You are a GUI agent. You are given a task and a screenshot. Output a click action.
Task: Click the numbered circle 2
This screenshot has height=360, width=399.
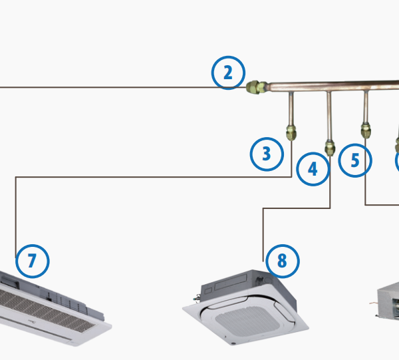coord(229,73)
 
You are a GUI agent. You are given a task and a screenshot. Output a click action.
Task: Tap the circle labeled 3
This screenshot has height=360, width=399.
coord(267,154)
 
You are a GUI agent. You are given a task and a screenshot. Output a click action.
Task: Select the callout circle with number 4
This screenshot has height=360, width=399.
coord(313,170)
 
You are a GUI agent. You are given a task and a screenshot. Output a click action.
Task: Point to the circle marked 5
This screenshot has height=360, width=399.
coord(354,160)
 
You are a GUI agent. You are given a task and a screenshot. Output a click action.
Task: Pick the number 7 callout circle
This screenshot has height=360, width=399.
coord(32,260)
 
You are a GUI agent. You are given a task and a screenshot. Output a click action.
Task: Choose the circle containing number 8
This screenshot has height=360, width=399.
coord(282,261)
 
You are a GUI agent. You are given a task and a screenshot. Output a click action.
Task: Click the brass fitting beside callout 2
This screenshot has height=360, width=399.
coord(255,88)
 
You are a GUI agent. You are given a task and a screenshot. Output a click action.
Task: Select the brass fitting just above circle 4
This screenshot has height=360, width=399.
coord(330,146)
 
